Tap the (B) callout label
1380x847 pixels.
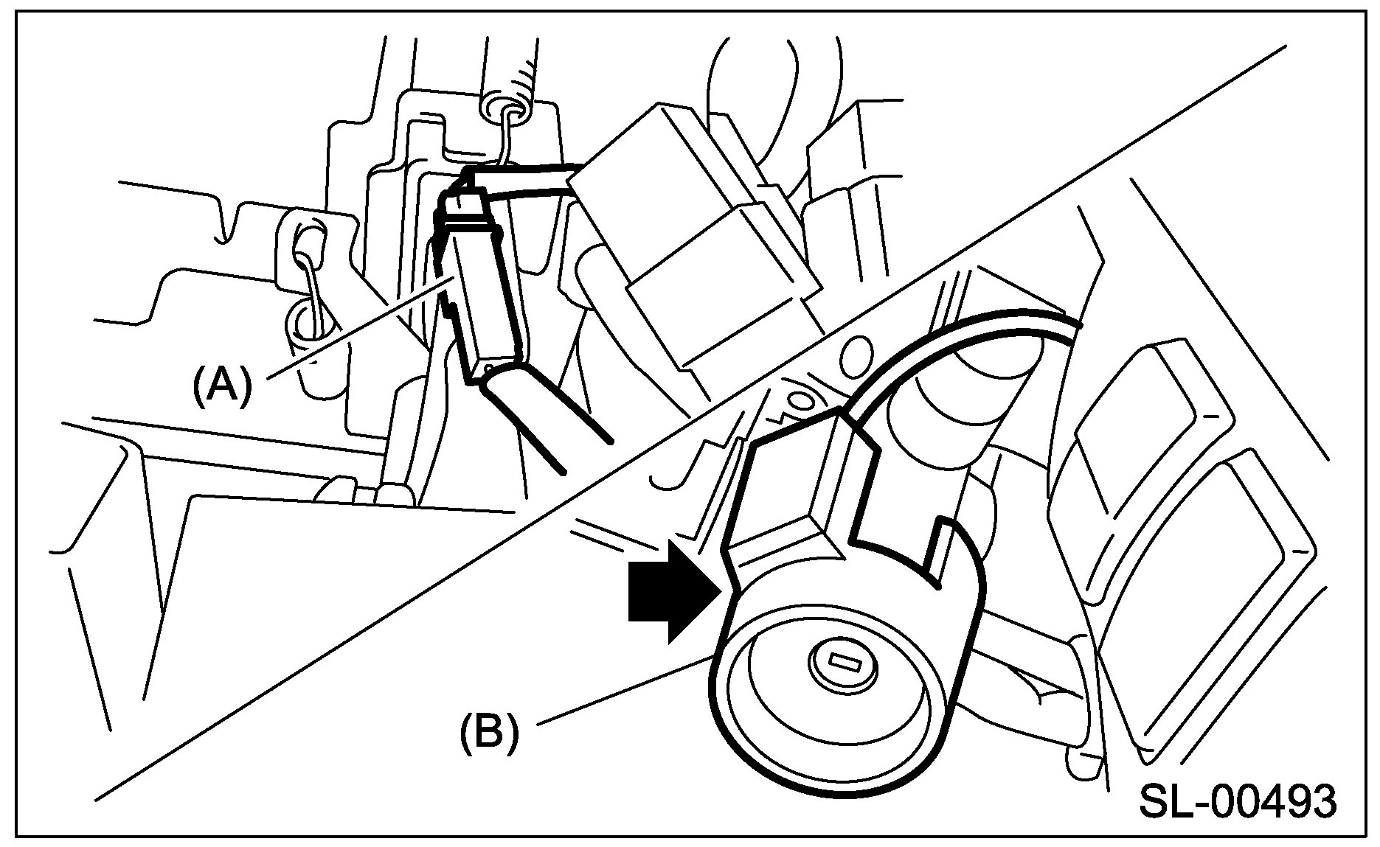[489, 732]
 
